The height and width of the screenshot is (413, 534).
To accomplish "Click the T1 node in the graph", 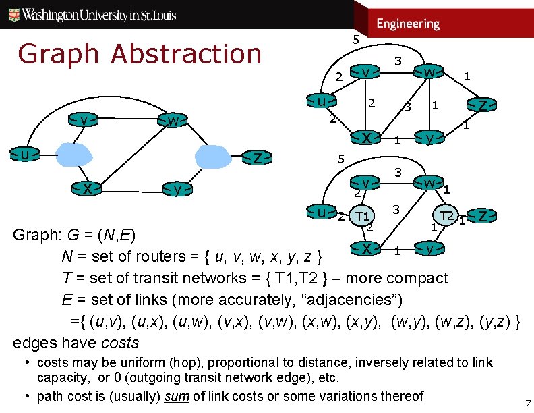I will point(363,216).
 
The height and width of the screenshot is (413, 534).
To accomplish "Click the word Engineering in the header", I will point(408,24).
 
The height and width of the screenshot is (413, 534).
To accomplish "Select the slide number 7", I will point(528,404).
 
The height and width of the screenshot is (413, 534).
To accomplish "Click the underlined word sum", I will point(177,396).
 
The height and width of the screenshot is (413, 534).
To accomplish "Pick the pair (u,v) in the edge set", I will point(106,321).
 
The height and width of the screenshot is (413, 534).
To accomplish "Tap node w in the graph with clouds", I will point(174,121).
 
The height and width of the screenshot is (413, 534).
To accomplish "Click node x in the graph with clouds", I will point(88,189).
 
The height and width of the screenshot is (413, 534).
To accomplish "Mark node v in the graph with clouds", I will point(84,120).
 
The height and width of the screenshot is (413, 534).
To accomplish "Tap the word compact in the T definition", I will point(418,278).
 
